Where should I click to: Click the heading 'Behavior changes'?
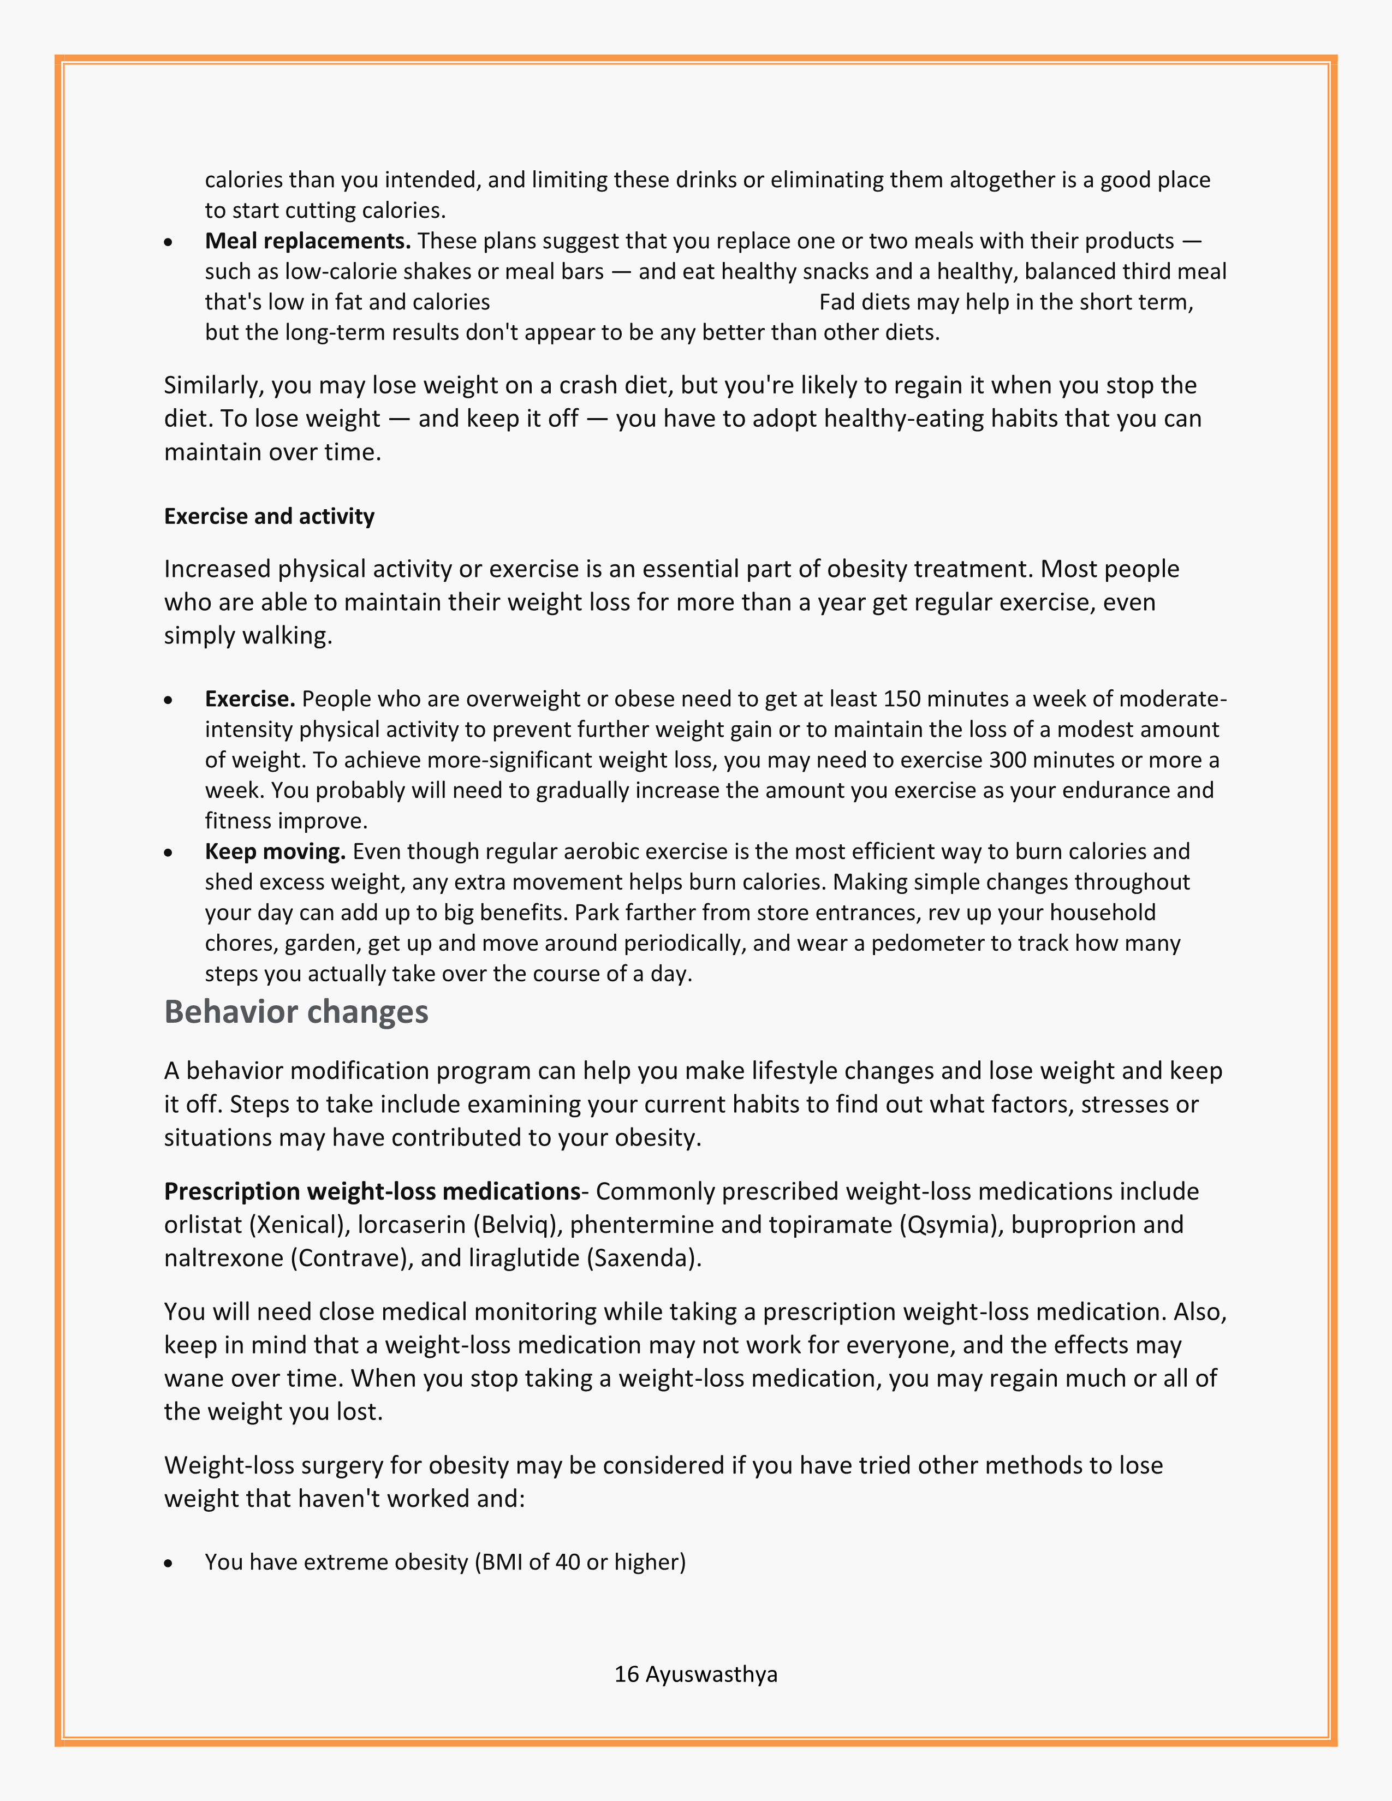point(296,1012)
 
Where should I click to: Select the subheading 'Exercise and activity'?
point(269,516)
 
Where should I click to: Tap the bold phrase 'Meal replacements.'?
point(307,241)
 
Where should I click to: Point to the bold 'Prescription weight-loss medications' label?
point(372,1191)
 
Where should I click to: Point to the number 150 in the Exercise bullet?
point(901,699)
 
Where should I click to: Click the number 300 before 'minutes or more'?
point(1006,760)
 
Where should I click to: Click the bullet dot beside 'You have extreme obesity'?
point(169,1563)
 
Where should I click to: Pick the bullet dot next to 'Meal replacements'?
point(169,242)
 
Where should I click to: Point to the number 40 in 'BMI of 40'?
point(567,1563)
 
